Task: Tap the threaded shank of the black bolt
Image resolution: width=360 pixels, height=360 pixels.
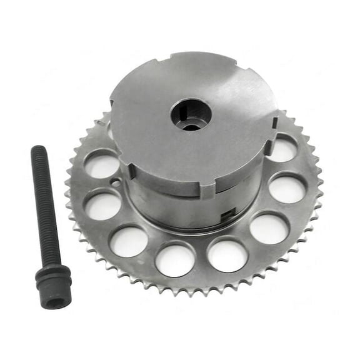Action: click(44, 206)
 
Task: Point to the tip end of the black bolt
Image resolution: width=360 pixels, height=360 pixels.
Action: click(37, 150)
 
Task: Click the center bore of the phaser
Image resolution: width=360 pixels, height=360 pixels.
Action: click(191, 116)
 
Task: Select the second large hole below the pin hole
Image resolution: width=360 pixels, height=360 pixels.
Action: click(127, 240)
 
